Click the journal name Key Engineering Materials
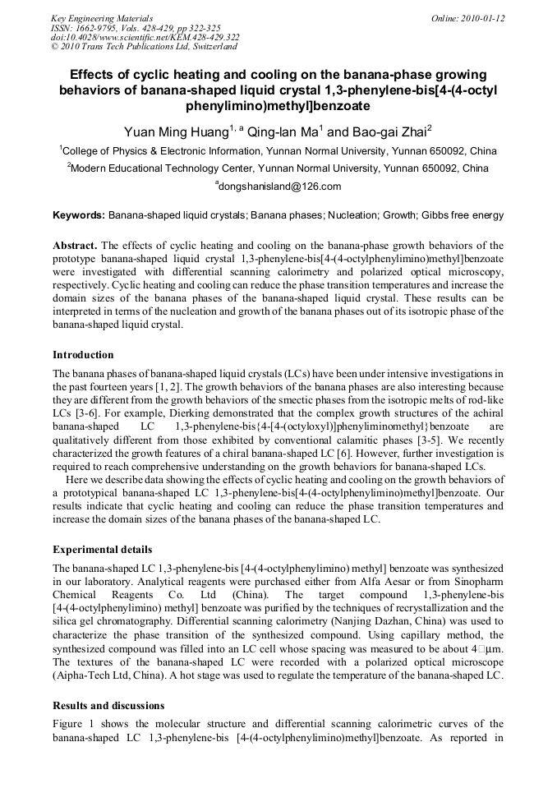pyautogui.click(x=102, y=18)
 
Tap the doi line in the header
pyautogui.click(x=145, y=38)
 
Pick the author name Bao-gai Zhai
pyautogui.click(x=378, y=131)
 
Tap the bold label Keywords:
pyautogui.click(x=79, y=215)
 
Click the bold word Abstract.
pyautogui.click(x=75, y=246)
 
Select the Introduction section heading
pyautogui.click(x=83, y=355)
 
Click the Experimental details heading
pyautogui.click(x=102, y=549)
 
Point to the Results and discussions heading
pyautogui.click(x=108, y=705)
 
